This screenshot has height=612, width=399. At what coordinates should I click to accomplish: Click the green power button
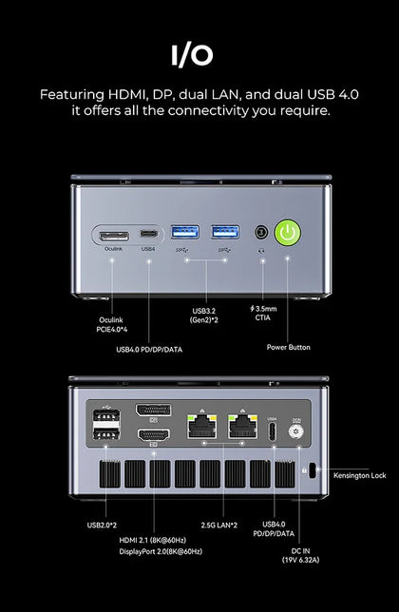288,233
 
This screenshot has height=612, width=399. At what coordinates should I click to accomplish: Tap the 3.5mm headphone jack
261,232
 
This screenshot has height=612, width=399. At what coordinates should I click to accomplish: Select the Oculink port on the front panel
114,236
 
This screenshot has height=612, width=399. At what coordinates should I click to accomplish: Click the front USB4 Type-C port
149,234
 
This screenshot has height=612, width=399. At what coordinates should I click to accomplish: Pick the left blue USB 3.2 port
185,232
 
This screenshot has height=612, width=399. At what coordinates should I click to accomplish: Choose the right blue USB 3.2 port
225,232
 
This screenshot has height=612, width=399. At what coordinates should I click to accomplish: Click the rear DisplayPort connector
153,410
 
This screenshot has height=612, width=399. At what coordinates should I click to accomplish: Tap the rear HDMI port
154,435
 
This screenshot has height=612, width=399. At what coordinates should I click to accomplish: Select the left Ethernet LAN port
202,426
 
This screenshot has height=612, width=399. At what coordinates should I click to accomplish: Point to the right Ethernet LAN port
242,426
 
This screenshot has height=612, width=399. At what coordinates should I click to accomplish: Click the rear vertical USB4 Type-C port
273,431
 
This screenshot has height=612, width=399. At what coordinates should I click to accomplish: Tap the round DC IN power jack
296,431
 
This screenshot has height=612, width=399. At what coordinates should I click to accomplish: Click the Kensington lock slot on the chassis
312,470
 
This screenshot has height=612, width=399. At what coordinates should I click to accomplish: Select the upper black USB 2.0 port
106,415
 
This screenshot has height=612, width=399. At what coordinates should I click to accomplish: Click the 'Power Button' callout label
289,347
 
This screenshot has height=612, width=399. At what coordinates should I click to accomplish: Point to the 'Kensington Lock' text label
360,475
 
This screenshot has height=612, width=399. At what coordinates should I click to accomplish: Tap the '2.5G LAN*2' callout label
219,526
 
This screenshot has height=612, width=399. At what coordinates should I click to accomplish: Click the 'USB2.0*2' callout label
102,526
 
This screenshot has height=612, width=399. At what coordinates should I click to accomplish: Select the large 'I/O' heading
192,55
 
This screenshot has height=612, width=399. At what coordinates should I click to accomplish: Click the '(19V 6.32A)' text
301,560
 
